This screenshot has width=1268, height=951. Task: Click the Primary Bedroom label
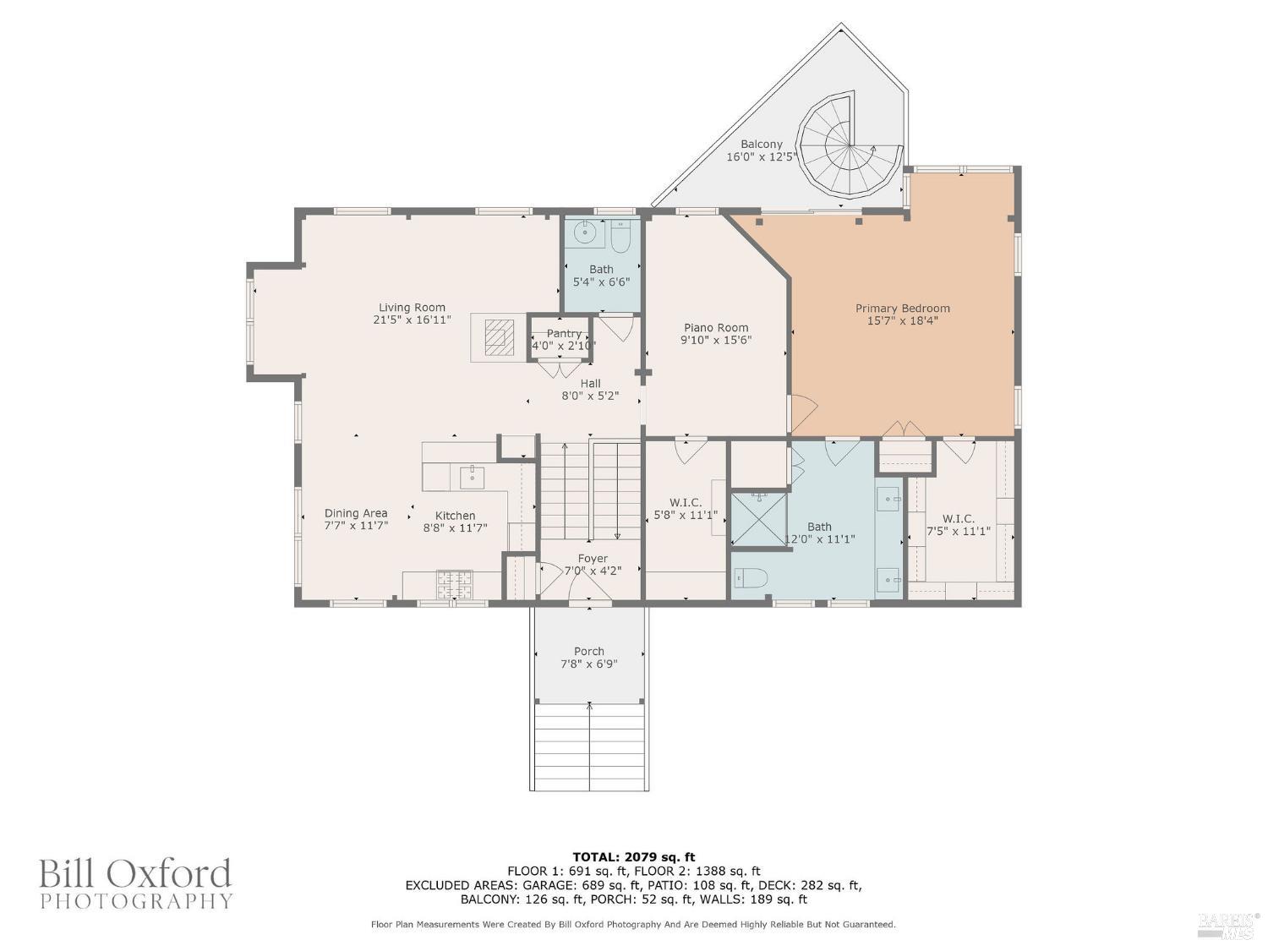tap(902, 309)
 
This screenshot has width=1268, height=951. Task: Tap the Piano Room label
tap(716, 327)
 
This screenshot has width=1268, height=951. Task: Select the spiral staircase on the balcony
tap(848, 154)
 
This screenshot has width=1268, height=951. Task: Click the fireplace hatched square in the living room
tap(498, 336)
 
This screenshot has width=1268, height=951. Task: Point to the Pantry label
tap(564, 333)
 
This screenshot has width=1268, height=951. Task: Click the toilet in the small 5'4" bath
tap(620, 238)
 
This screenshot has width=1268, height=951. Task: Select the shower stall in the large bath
tap(758, 519)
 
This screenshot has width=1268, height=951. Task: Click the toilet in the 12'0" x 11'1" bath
tap(751, 577)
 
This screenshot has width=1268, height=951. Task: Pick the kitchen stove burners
tap(455, 584)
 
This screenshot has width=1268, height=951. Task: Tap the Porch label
tap(588, 651)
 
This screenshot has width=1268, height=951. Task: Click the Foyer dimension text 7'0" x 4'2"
tap(593, 571)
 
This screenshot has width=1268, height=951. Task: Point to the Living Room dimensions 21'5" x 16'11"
tap(412, 320)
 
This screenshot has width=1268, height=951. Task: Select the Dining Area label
tap(356, 513)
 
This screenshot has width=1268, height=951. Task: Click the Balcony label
tap(762, 144)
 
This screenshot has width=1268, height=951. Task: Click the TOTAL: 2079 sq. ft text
tap(634, 856)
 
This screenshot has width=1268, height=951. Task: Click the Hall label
tap(590, 383)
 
